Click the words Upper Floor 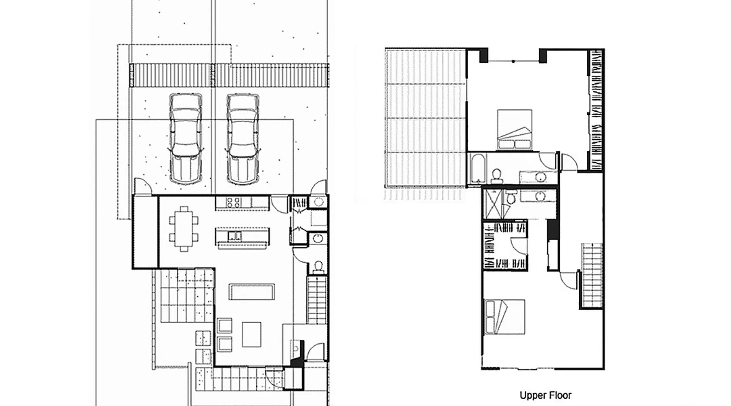click(x=545, y=395)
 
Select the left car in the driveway click(x=186, y=138)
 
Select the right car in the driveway click(x=243, y=139)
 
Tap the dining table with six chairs click(x=184, y=229)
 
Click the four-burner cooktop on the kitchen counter click(x=233, y=203)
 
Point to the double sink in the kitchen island click(x=235, y=236)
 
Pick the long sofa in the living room click(x=252, y=292)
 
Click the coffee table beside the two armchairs click(x=252, y=334)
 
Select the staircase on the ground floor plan click(x=317, y=300)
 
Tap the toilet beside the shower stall click(x=510, y=198)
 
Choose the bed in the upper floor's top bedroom click(x=515, y=130)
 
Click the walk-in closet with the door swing click(x=505, y=245)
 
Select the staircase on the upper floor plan click(x=591, y=276)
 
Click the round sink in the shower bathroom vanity click(x=540, y=197)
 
